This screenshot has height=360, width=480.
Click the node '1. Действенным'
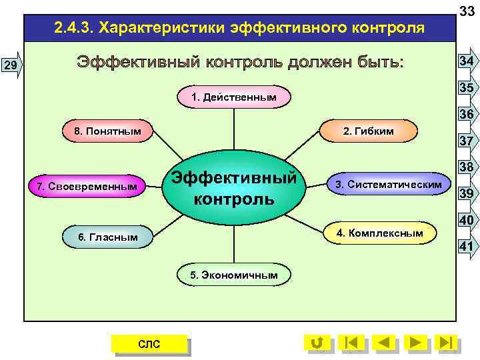coord(233,97)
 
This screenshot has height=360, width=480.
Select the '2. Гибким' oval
coord(368,131)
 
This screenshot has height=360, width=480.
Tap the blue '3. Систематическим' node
coord(388,183)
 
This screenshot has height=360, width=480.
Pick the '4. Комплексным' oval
coord(379,233)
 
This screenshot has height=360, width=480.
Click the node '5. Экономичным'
coord(233,275)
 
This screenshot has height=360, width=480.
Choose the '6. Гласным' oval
coord(107,237)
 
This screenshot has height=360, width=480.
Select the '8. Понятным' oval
coord(107,131)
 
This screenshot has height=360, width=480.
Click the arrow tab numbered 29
coord(11,65)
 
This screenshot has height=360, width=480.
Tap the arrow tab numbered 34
coord(466,61)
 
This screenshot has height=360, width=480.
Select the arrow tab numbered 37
coord(466,141)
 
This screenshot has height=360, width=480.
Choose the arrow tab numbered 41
coord(466,246)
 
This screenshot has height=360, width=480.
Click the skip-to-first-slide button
coord(351,343)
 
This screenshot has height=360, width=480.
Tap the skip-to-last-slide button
coord(446,343)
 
